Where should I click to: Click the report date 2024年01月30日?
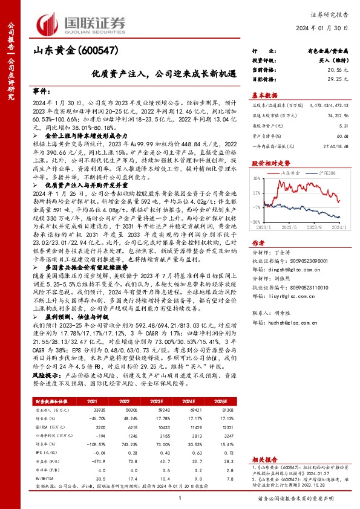coord(333,28)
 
